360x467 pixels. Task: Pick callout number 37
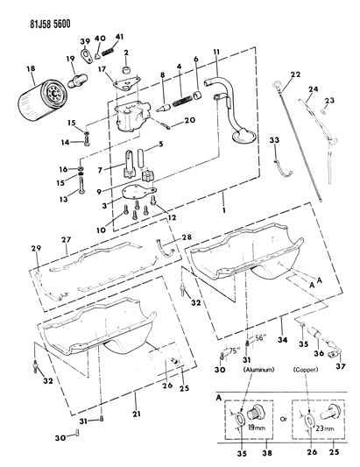click(x=340, y=366)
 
